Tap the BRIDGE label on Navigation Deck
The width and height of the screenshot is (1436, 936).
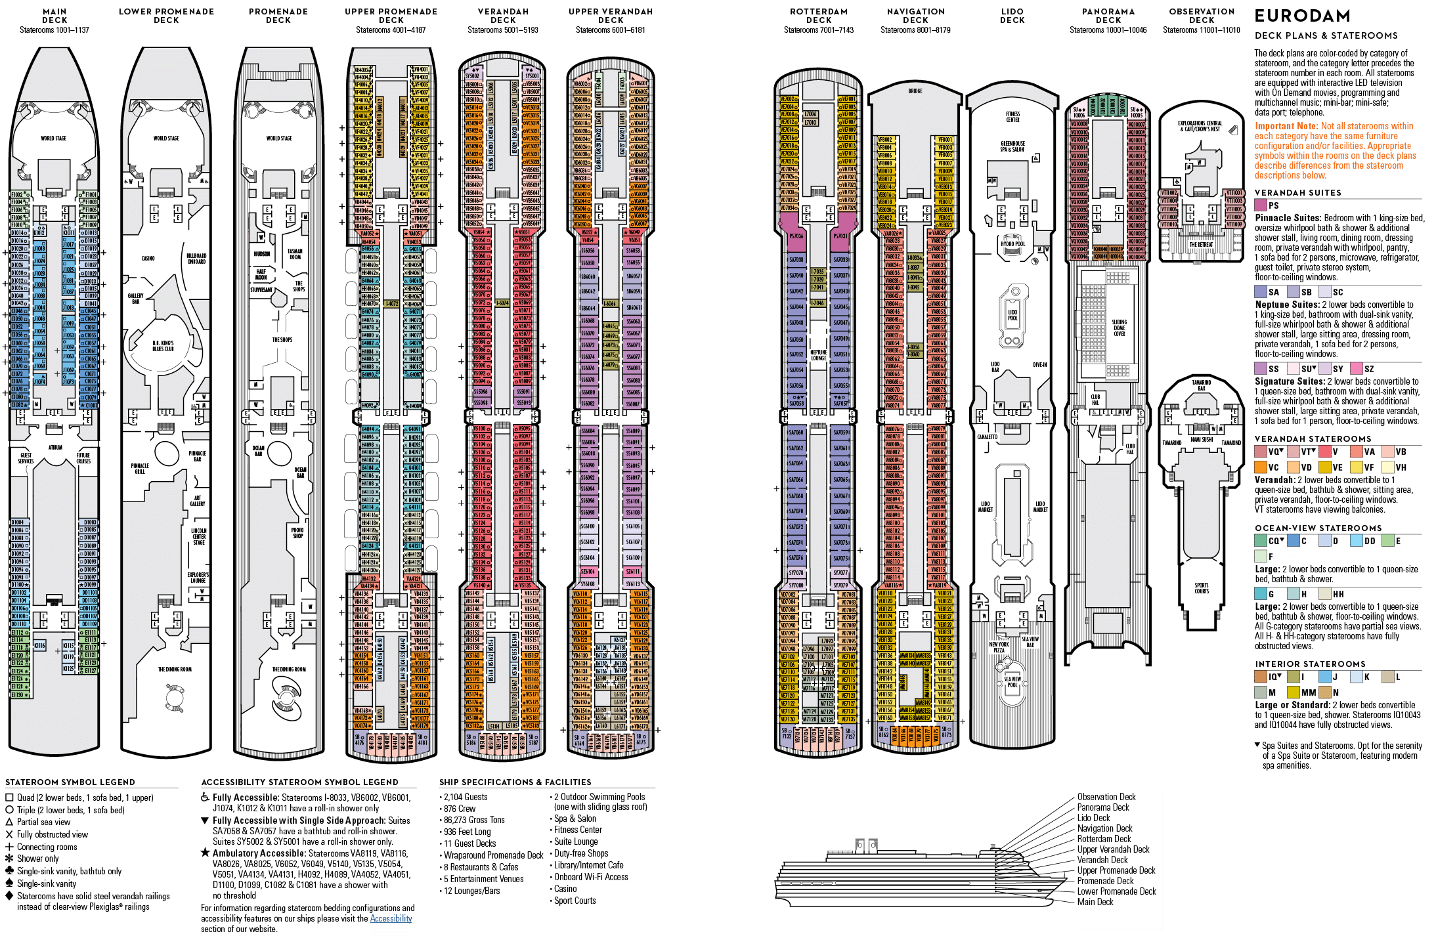(915, 91)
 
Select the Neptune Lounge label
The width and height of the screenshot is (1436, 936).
(818, 355)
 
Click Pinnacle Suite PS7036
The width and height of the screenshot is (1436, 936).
(796, 236)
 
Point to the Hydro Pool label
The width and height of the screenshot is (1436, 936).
(1012, 244)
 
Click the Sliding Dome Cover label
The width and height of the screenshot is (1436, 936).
(1119, 328)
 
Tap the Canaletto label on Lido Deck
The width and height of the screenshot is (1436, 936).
(986, 436)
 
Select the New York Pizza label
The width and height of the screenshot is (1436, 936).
(999, 647)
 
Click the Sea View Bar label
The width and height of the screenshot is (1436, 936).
(1030, 641)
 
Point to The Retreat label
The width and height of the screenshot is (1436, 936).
(1201, 245)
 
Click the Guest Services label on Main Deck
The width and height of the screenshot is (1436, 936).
(26, 458)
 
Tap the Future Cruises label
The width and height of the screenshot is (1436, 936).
(83, 458)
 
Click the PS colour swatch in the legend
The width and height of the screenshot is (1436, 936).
(1261, 205)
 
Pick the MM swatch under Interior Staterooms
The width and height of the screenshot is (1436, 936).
(1292, 692)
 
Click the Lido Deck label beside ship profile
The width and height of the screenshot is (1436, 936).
(1093, 818)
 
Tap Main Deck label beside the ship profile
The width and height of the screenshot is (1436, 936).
(1095, 902)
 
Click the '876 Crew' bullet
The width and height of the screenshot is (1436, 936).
(459, 809)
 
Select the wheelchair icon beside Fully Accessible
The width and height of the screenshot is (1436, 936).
(206, 798)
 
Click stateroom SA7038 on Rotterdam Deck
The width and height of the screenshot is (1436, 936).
(796, 260)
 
